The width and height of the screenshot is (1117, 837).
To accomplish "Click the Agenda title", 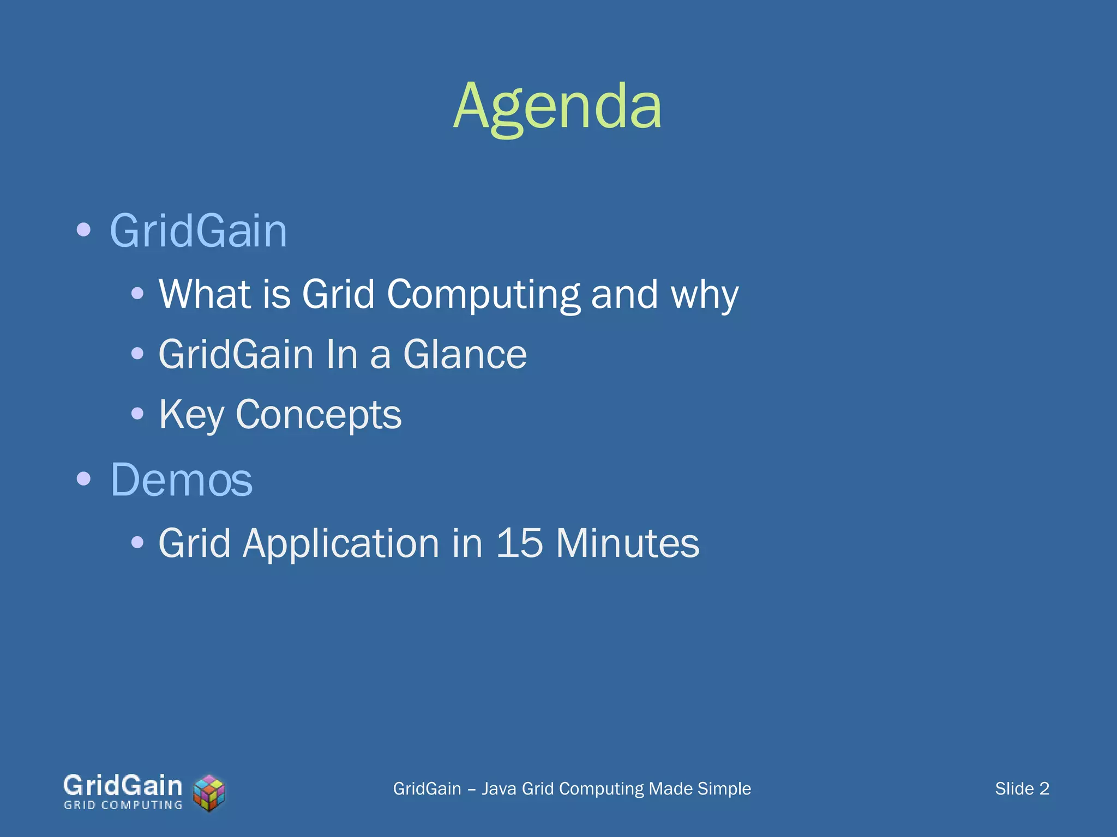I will pos(557,106).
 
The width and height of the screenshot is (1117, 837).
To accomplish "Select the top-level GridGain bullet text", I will pos(198,231).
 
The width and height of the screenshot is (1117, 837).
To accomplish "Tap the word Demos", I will pos(181,480).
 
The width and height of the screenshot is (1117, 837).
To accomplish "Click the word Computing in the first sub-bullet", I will pos(483,294).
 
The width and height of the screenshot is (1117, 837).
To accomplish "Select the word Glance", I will pos(465,354).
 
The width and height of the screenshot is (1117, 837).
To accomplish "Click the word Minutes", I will pos(627,543).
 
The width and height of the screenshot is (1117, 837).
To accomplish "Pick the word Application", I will pos(340,544).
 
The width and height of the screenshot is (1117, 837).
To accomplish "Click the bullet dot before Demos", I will pos(83,480).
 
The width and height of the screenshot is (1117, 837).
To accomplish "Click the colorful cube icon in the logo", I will pos(209,793).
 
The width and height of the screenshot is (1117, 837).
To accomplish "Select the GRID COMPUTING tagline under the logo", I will pos(123,805).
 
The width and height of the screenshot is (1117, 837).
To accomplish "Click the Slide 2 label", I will pos(1022,789).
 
